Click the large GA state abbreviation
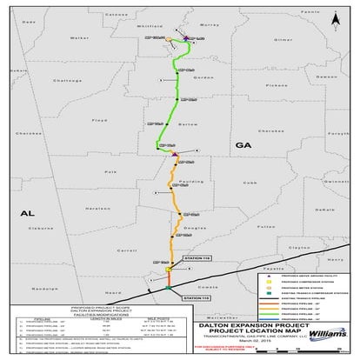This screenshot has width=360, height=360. coord(243,147)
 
